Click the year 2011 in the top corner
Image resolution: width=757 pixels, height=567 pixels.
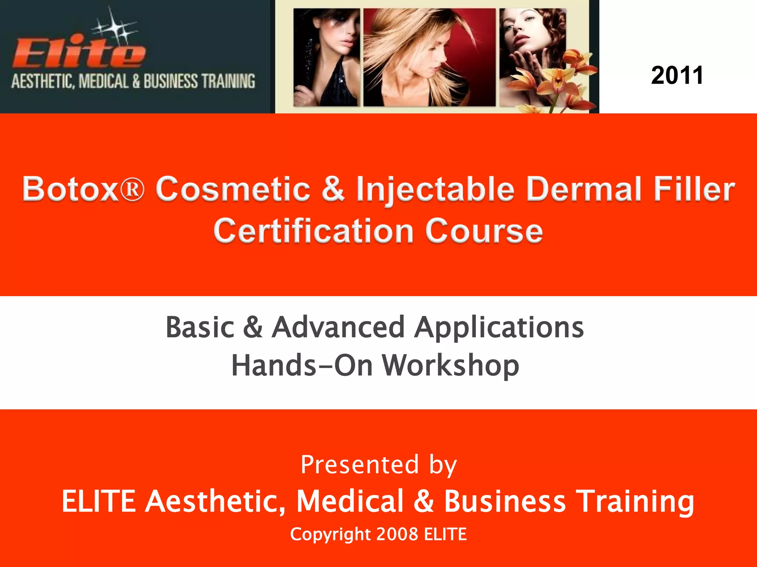tap(677, 76)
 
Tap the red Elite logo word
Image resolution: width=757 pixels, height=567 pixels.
tap(78, 54)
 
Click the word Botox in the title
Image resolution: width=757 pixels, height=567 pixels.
tap(69, 189)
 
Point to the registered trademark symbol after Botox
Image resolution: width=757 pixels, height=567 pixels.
tap(132, 190)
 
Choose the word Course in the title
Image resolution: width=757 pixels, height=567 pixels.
tap(484, 231)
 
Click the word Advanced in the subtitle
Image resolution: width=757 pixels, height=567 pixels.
tap(338, 327)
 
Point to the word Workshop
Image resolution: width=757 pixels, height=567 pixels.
tap(451, 365)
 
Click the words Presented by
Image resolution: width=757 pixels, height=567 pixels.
tap(378, 465)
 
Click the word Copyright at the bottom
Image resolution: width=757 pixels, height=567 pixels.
tap(330, 535)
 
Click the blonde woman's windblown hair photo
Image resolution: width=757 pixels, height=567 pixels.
tap(429, 57)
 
